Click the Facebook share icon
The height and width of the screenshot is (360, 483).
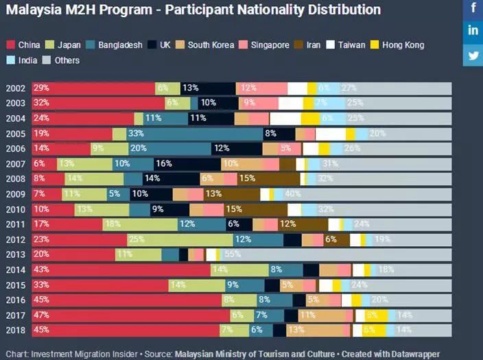pos(473,9)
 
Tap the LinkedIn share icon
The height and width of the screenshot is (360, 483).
pos(473,31)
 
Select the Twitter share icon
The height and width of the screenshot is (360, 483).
pos(473,55)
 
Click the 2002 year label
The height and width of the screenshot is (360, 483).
pos(15,88)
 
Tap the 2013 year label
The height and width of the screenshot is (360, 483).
pos(15,254)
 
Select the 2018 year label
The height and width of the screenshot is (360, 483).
pos(15,330)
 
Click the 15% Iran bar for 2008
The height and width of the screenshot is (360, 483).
pos(261,179)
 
